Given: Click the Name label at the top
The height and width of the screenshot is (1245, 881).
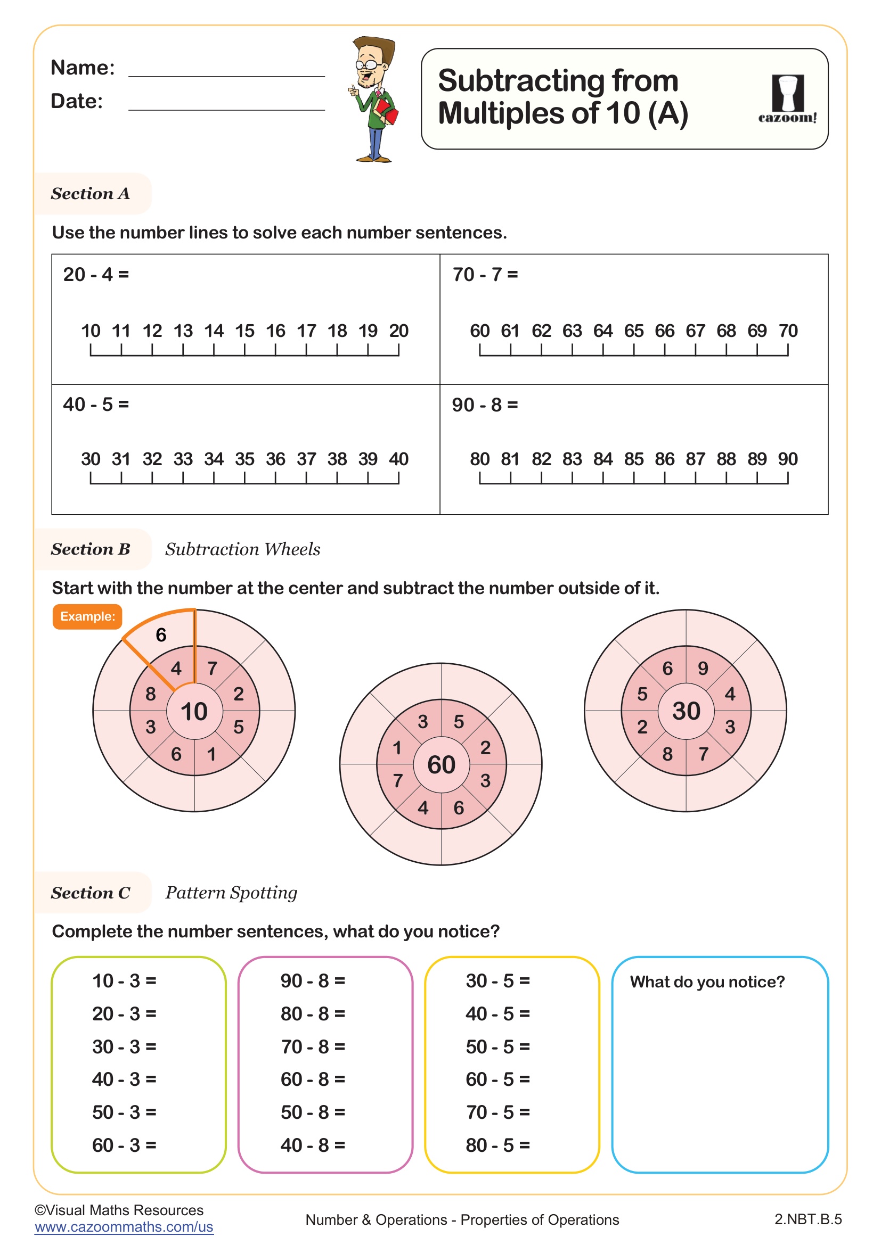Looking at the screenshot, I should point(83,68).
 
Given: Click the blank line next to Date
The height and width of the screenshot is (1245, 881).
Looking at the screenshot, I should point(226,106).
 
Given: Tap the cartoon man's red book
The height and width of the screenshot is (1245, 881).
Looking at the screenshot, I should point(387,111).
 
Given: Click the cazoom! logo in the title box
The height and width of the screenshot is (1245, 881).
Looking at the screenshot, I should point(787,100).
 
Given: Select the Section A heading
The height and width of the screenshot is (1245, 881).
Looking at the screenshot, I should point(91,194).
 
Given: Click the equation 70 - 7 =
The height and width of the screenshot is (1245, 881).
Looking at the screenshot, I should point(485,275).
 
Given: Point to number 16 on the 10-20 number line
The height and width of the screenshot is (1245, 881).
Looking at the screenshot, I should point(275,331).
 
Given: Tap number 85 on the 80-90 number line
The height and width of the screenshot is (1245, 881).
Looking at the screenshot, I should point(634,459).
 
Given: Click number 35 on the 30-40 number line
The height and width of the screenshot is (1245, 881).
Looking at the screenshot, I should point(244,459).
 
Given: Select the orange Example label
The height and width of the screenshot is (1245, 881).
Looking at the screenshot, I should point(87,616).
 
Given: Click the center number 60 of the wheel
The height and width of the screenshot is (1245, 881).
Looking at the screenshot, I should point(441,765).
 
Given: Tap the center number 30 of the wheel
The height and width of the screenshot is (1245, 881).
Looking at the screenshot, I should point(686,711).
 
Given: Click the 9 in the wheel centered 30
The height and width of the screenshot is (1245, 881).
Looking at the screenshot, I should point(703,669).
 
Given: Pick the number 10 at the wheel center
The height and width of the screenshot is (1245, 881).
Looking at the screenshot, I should point(194,712).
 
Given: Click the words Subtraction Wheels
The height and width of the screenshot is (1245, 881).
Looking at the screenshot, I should point(242,549).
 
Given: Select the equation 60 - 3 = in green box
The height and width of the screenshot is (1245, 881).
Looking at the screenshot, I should point(124,1145).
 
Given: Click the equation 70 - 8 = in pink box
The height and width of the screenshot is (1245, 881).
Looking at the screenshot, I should point(313,1046).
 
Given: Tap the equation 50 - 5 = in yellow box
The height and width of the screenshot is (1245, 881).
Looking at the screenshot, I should point(497,1046).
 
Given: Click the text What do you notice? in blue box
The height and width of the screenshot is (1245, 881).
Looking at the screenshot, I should point(707,982).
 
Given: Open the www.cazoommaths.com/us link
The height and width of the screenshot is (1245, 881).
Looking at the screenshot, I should point(124,1227).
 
